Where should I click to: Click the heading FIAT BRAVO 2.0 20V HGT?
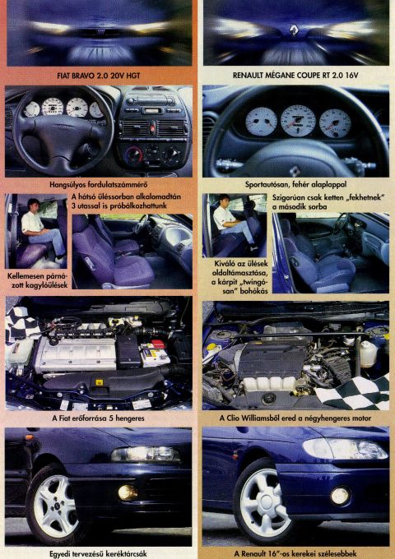point(99,76)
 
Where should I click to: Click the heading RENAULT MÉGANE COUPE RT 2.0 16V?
point(295,76)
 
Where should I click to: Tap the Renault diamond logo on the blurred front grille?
point(294,30)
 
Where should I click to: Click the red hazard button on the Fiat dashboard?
point(153,125)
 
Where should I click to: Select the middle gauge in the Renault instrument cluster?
point(298,122)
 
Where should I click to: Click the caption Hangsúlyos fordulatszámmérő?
point(99,185)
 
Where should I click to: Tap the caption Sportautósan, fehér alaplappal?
point(295,185)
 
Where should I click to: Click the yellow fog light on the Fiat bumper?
point(128,492)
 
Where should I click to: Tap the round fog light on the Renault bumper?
point(340,496)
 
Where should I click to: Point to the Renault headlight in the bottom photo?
point(345,449)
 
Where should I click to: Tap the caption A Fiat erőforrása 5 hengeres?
point(99,418)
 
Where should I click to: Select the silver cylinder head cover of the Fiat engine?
point(76,355)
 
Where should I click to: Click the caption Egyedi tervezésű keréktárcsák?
point(99,554)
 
